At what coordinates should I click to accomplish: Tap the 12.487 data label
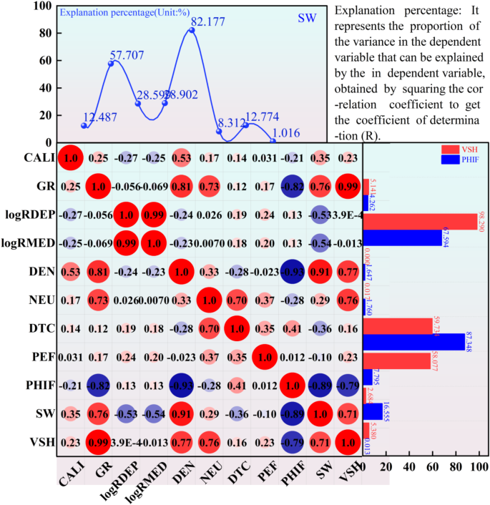[x=102, y=118]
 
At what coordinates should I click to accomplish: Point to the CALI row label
[x=35, y=157]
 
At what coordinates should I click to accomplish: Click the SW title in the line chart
[x=306, y=17]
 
